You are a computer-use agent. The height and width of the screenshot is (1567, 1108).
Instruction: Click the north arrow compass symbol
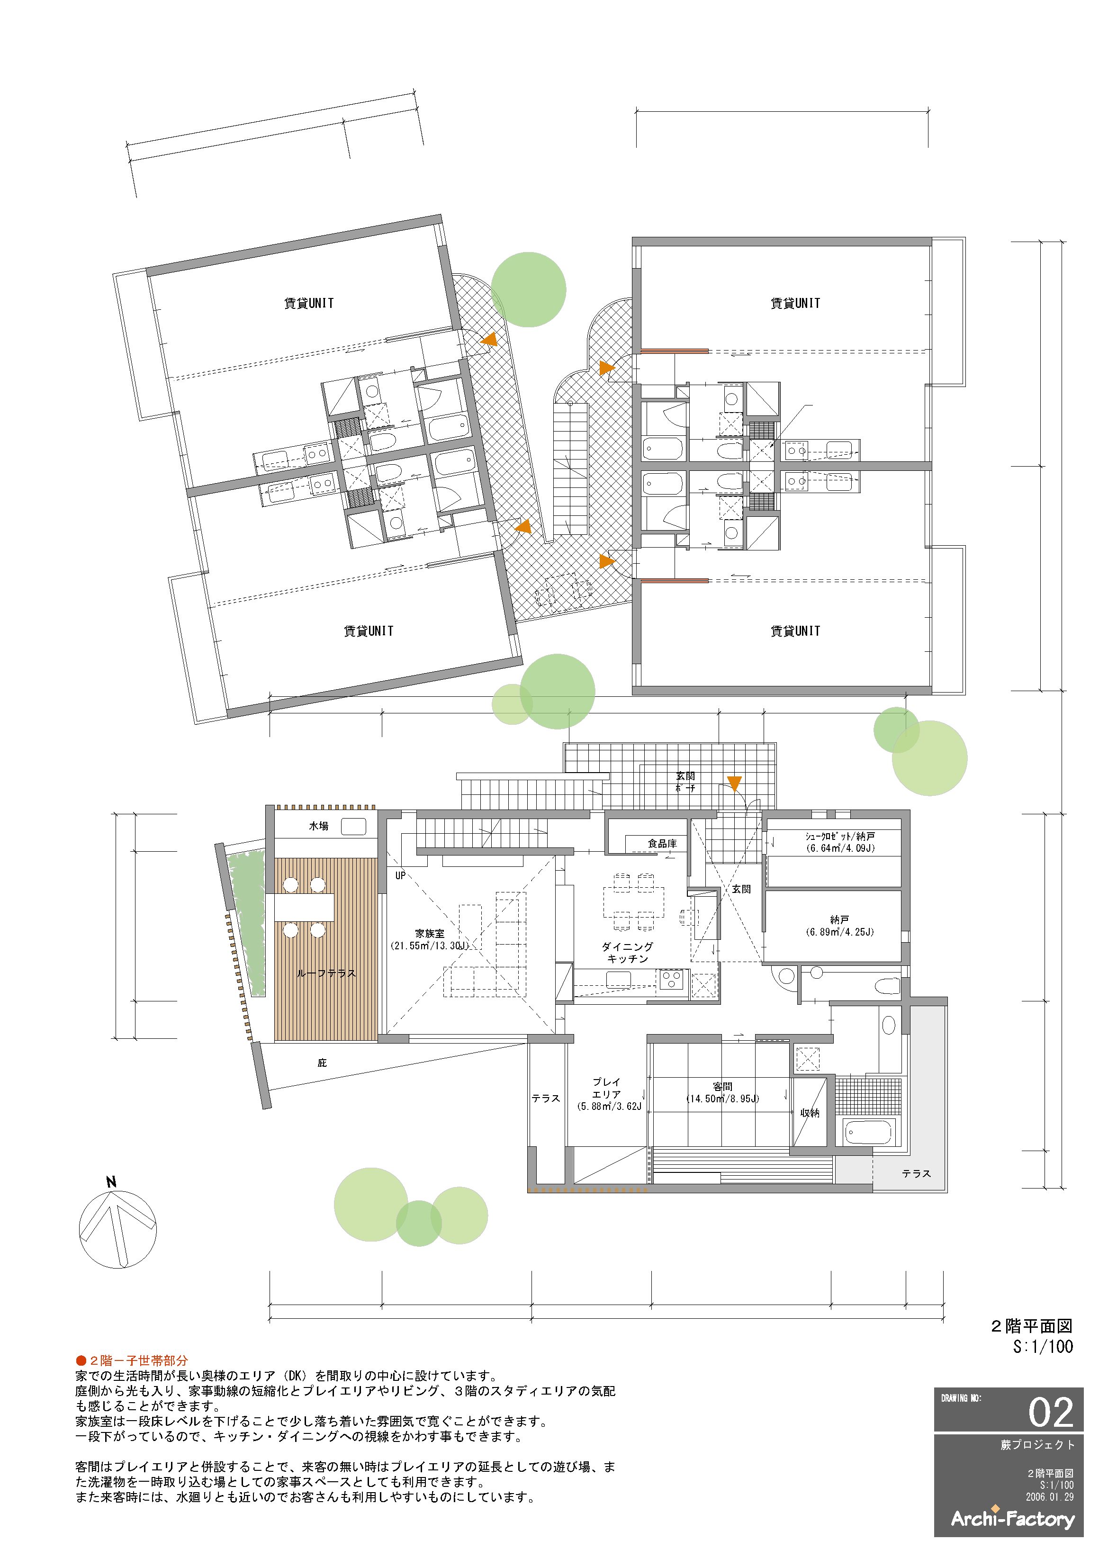pyautogui.click(x=117, y=1228)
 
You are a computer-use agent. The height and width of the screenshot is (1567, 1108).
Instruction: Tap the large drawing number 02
pyautogui.click(x=1051, y=1413)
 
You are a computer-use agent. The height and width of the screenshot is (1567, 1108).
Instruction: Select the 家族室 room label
pyautogui.click(x=429, y=934)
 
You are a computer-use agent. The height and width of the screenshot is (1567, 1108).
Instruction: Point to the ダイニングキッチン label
pyautogui.click(x=627, y=953)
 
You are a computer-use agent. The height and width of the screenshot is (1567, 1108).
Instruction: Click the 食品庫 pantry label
pyautogui.click(x=662, y=844)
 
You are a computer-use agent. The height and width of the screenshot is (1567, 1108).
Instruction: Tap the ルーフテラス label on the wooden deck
pyautogui.click(x=326, y=974)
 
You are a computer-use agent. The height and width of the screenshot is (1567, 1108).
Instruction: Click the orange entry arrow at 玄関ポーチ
pyautogui.click(x=734, y=783)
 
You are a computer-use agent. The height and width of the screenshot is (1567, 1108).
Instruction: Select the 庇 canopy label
pyautogui.click(x=322, y=1063)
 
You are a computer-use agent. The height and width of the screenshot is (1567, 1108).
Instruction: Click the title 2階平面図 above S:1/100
pyautogui.click(x=1032, y=1326)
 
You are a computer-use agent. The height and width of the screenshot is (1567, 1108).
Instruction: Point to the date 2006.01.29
pyautogui.click(x=1049, y=1497)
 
